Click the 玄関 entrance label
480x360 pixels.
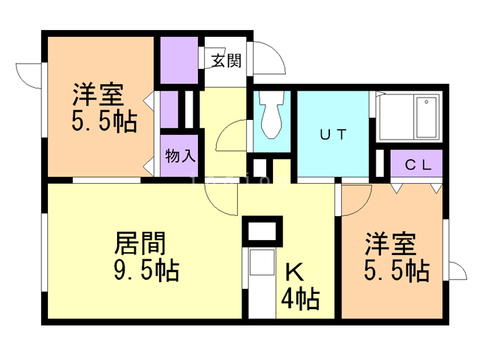pyautogui.click(x=226, y=61)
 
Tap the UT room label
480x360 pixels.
pyautogui.click(x=333, y=135)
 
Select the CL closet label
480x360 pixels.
pyautogui.click(x=418, y=165)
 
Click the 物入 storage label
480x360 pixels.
pyautogui.click(x=180, y=157)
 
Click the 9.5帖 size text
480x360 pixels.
pyautogui.click(x=147, y=270)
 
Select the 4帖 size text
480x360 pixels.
pyautogui.click(x=300, y=300)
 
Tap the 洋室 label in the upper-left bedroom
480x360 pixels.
pyautogui.click(x=97, y=96)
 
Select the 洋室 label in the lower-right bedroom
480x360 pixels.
pyautogui.click(x=391, y=245)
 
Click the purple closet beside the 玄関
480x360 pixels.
pyautogui.click(x=179, y=60)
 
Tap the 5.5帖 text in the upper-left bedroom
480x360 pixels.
pyautogui.click(x=105, y=121)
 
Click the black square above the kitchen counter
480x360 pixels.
pyautogui.click(x=262, y=231)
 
